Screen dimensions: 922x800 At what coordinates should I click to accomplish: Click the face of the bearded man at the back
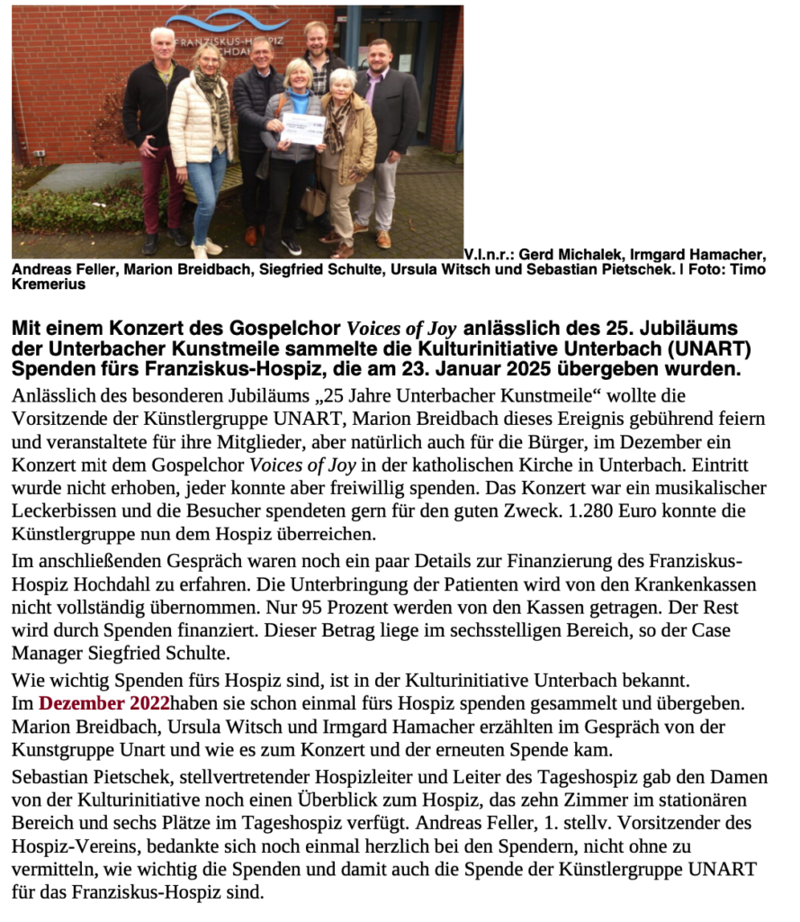click(316, 38)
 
